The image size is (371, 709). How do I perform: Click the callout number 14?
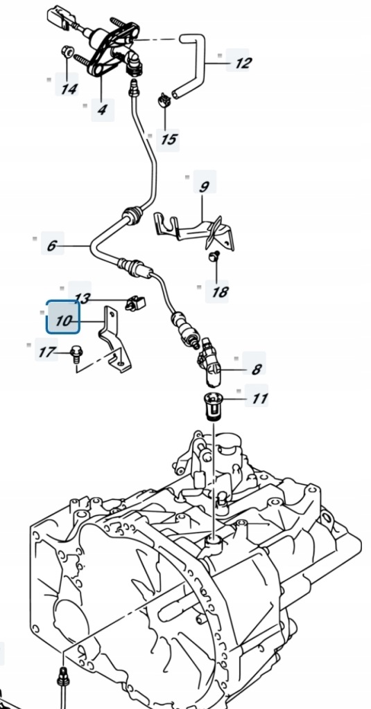pyautogui.click(x=69, y=88)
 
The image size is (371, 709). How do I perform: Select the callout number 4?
pyautogui.click(x=102, y=109)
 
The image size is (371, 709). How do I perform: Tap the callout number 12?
pyautogui.click(x=243, y=63)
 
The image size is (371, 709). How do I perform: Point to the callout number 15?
pyautogui.click(x=168, y=138)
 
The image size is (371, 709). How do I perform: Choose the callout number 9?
pyautogui.click(x=205, y=186)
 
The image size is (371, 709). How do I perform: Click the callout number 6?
pyautogui.click(x=51, y=246)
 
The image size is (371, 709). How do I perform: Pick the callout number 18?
pyautogui.click(x=220, y=292)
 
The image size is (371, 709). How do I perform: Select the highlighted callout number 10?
pyautogui.click(x=63, y=321)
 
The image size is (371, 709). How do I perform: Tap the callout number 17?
pyautogui.click(x=46, y=352)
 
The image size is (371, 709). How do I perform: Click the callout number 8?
pyautogui.click(x=257, y=370)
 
